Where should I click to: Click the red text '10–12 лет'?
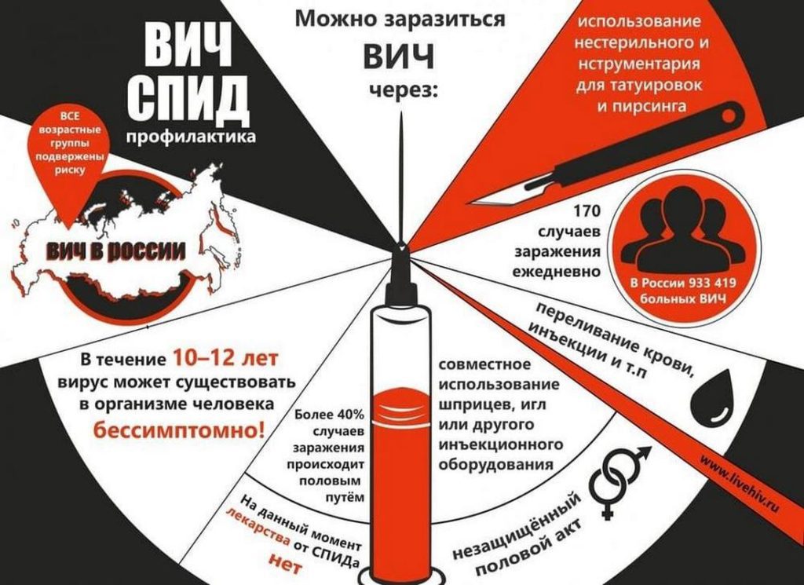click(x=225, y=358)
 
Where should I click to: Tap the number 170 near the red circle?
click(x=586, y=210)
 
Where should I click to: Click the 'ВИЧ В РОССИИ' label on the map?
click(x=116, y=250)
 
